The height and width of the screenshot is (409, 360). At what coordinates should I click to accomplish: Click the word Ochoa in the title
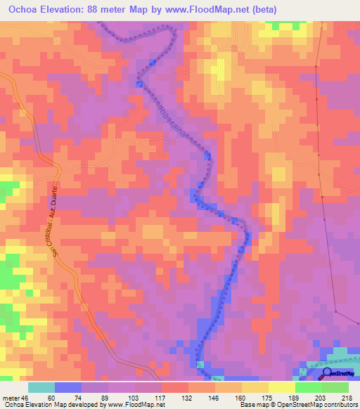(x=25, y=10)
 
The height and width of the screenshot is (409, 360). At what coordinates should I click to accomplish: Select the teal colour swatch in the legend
(x=41, y=387)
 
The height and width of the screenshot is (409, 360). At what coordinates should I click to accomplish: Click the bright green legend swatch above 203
(x=308, y=387)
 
